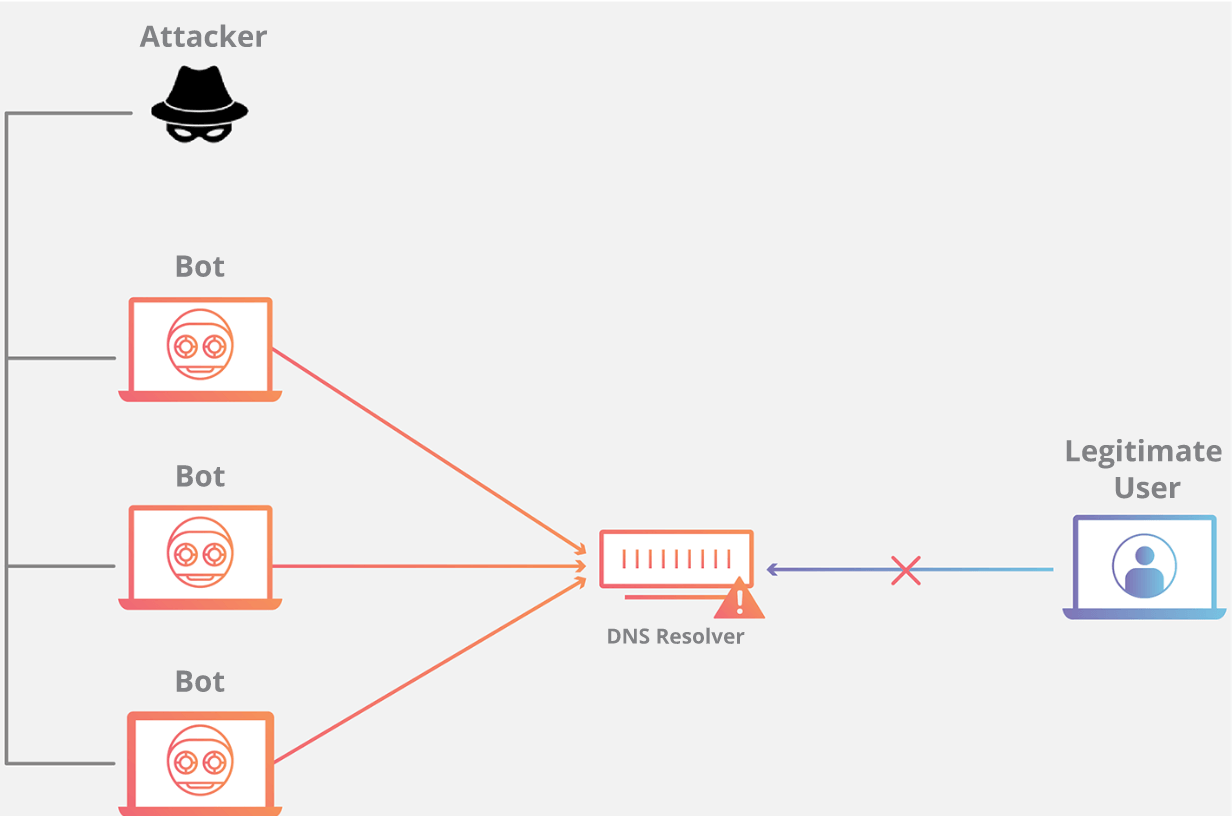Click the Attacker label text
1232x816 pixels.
coord(203,37)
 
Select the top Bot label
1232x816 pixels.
coord(200,267)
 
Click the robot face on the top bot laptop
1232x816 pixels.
coord(200,345)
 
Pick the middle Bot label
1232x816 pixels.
coord(200,476)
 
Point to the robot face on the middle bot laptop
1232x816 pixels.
coord(200,553)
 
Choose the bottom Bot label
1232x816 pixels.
coord(200,682)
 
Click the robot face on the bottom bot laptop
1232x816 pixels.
coord(200,760)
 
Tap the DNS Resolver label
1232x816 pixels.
coord(675,636)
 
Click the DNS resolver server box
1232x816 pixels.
coord(675,558)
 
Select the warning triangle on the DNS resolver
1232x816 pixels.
coord(739,600)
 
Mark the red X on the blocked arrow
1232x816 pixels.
coord(906,570)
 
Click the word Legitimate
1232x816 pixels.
coord(1143,452)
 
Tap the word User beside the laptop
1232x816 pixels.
coord(1147,488)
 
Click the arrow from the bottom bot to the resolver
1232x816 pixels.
coord(430,669)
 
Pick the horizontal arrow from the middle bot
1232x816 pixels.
coord(430,566)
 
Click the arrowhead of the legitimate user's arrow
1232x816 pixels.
coord(772,570)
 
